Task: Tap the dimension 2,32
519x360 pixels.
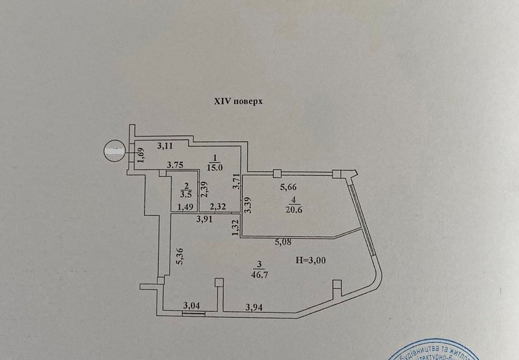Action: click(x=218, y=206)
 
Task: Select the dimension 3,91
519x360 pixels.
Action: click(x=205, y=219)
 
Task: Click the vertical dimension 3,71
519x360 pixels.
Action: click(x=235, y=185)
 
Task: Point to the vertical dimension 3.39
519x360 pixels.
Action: click(x=247, y=206)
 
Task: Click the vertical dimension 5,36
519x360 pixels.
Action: click(x=181, y=258)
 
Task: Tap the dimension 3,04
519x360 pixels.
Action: click(x=191, y=306)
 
